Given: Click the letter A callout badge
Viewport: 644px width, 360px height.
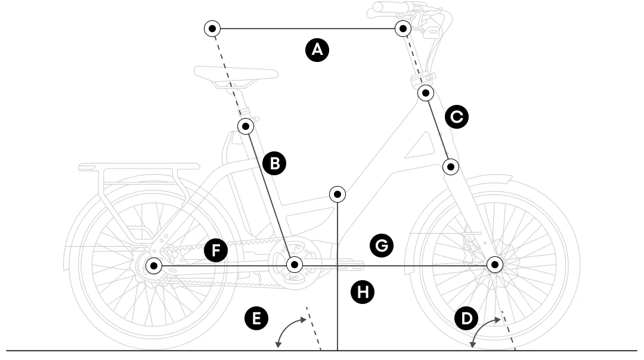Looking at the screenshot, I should (317, 49).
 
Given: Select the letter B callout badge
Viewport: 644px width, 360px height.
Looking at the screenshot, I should (274, 163).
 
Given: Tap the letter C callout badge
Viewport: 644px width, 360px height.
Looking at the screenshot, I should (457, 117).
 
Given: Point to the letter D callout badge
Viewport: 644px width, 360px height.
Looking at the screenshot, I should (466, 318).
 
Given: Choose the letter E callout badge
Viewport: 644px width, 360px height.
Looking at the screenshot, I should (256, 318).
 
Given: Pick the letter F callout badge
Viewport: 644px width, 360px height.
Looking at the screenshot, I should (216, 250).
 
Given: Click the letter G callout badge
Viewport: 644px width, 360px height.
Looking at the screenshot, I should (382, 244).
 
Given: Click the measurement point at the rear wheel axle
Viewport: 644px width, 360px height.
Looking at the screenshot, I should (154, 265).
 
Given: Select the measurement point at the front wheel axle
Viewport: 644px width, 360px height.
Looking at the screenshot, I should (494, 264).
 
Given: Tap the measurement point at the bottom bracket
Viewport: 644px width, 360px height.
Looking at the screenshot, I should (294, 264).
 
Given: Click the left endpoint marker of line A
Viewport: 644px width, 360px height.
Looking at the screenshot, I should (212, 28).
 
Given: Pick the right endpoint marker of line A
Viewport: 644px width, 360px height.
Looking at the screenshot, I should (404, 28).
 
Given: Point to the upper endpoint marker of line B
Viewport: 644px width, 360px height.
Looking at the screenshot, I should (246, 126).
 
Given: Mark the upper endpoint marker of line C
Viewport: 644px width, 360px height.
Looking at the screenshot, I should (425, 92).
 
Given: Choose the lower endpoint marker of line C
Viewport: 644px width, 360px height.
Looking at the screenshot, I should (451, 166).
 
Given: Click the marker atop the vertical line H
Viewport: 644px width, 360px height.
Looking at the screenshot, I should (338, 194).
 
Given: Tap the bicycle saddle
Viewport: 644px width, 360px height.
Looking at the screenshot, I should (236, 74).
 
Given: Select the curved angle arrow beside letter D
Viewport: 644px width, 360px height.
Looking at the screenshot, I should (483, 330).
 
